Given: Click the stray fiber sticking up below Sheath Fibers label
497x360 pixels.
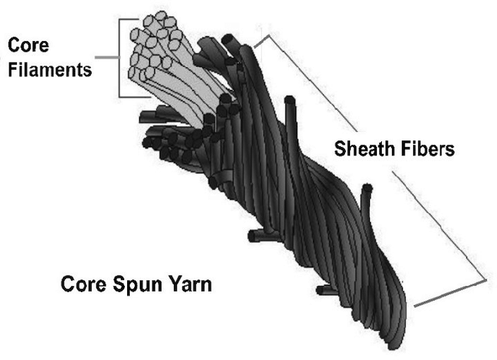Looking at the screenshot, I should click(x=366, y=206).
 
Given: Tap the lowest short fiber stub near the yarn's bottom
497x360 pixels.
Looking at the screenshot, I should click(x=325, y=289).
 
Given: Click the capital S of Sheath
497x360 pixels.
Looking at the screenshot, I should click(x=340, y=149).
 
